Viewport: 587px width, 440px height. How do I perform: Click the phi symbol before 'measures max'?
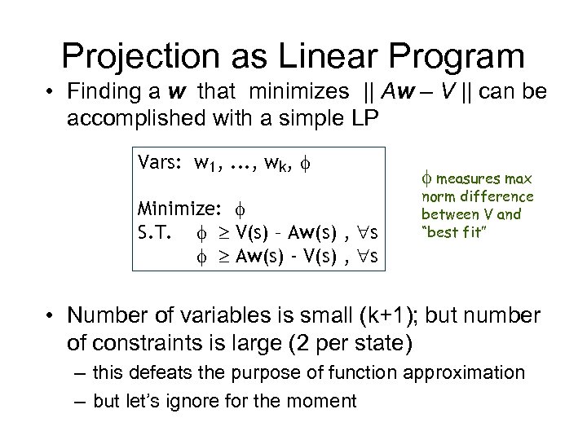[426, 178]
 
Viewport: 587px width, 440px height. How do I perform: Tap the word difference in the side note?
[501, 196]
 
